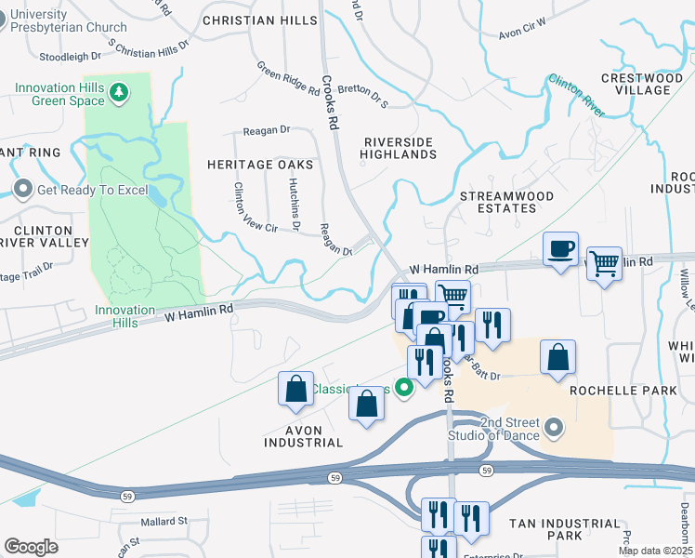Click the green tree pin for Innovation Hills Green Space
[118, 91]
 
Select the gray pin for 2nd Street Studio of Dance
[555, 428]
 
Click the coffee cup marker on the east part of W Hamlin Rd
[560, 249]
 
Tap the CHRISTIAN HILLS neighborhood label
[251, 20]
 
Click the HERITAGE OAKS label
[259, 165]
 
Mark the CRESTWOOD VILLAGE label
[636, 84]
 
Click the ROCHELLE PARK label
[623, 392]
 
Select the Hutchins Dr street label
[294, 204]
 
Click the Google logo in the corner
[31, 547]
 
